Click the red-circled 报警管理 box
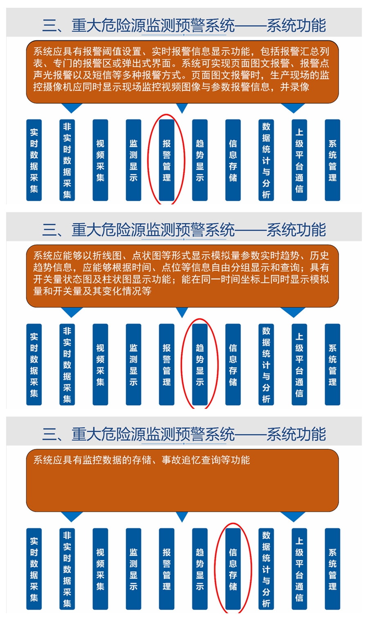[167, 160]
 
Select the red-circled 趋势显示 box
[200, 364]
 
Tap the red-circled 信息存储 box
[233, 569]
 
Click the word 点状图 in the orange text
[146, 256]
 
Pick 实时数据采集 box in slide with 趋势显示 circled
[34, 364]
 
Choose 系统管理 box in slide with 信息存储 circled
[332, 569]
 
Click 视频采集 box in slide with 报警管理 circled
[100, 160]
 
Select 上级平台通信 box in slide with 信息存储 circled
[299, 569]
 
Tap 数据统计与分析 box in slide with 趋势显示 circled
[266, 364]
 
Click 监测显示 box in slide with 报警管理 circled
[133, 160]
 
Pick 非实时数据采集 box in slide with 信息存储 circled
[67, 569]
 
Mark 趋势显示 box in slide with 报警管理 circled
[200, 160]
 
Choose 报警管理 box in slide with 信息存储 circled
[167, 569]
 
